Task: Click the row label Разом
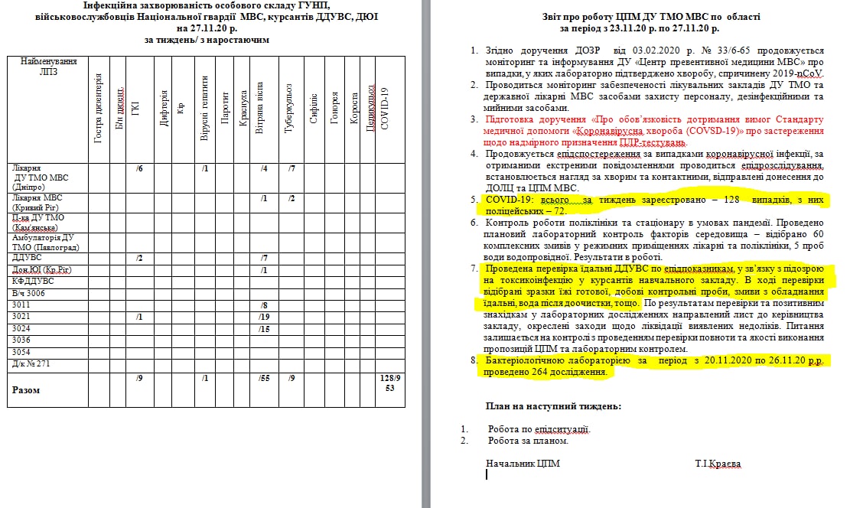click(x=27, y=389)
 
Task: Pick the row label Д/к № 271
click(x=31, y=363)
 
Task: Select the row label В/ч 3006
click(x=28, y=293)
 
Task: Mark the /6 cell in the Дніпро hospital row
click(x=140, y=168)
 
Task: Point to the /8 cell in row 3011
click(x=264, y=304)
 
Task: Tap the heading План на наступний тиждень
click(x=553, y=405)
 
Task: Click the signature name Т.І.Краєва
click(x=718, y=463)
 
